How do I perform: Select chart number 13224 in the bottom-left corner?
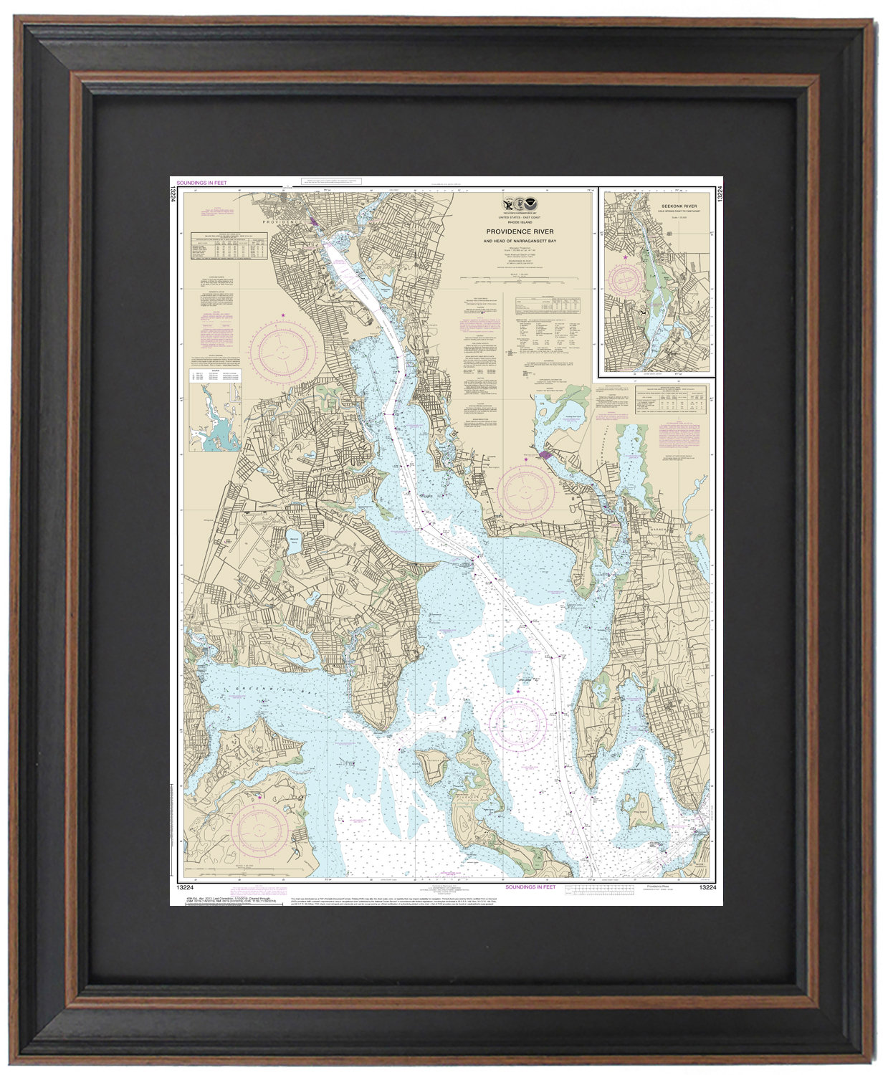pyautogui.click(x=183, y=887)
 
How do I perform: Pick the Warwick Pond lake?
pyautogui.click(x=293, y=544)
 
